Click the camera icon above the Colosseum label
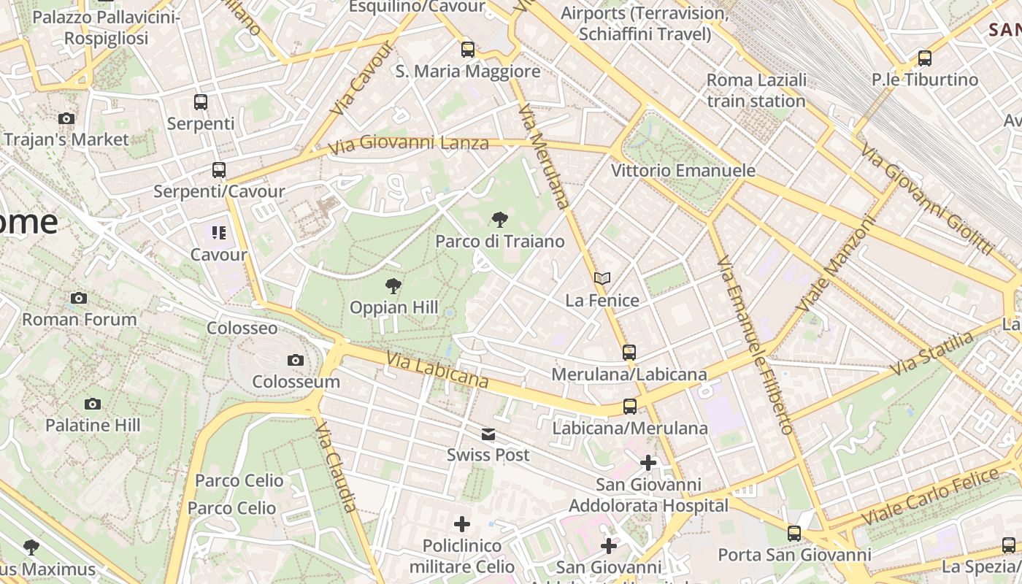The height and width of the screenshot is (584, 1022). point(296,360)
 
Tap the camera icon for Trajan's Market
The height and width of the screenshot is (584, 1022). point(66,118)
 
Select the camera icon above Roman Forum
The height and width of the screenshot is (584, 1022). point(79,298)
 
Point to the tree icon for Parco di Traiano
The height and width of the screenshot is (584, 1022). point(500,219)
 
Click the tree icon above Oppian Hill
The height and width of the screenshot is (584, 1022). point(393,285)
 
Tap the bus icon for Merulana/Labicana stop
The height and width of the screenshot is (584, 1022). point(629,353)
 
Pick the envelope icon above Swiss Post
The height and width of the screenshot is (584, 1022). point(488,434)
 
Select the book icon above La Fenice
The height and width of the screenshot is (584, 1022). point(602,278)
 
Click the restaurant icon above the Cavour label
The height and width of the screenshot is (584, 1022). point(218,233)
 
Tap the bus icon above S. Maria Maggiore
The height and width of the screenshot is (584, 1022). point(468,50)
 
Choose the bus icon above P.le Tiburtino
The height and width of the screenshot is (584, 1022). point(925,58)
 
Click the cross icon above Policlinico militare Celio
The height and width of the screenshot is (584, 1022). point(462,523)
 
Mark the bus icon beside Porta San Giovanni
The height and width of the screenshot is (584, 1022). point(794,534)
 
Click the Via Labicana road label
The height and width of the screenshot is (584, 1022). point(437,370)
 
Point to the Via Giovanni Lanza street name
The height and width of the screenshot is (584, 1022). point(408,144)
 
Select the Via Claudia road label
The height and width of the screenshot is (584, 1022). point(337,466)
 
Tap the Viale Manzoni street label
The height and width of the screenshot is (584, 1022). point(835,264)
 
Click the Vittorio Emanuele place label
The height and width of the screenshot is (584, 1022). point(683,171)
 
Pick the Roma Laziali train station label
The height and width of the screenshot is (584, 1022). point(756,91)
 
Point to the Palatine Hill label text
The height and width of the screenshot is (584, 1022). point(93,425)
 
